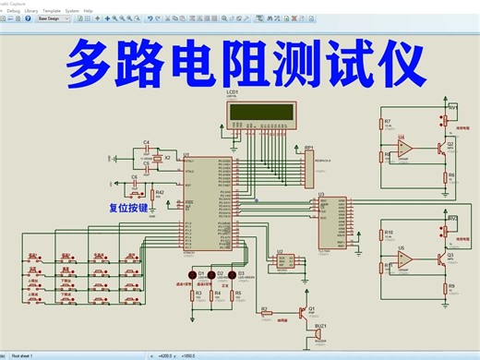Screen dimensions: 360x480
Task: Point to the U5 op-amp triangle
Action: (404, 259)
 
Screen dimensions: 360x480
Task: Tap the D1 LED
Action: (193, 276)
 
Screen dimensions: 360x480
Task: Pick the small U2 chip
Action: (283, 262)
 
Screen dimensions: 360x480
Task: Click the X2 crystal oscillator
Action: (158, 160)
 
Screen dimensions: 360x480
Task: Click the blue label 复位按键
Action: (127, 209)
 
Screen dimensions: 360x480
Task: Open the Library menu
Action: (32, 10)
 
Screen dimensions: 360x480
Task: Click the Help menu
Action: (88, 10)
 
